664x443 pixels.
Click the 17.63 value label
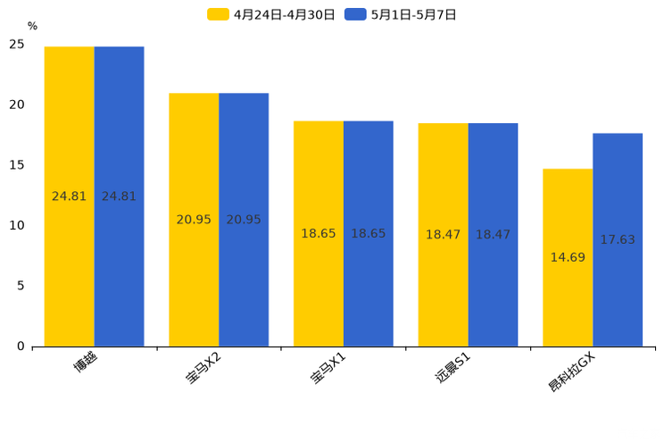(618, 240)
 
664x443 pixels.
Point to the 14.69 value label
(568, 258)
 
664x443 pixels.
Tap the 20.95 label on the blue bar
(244, 220)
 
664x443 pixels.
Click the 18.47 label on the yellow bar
(443, 235)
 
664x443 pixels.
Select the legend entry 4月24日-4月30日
(272, 14)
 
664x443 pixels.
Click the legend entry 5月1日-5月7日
(402, 14)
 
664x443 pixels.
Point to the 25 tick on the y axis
(17, 45)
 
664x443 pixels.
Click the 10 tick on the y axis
(17, 226)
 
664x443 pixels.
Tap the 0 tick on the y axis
(21, 347)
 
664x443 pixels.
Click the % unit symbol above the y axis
(32, 27)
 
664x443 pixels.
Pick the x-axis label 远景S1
(452, 369)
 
